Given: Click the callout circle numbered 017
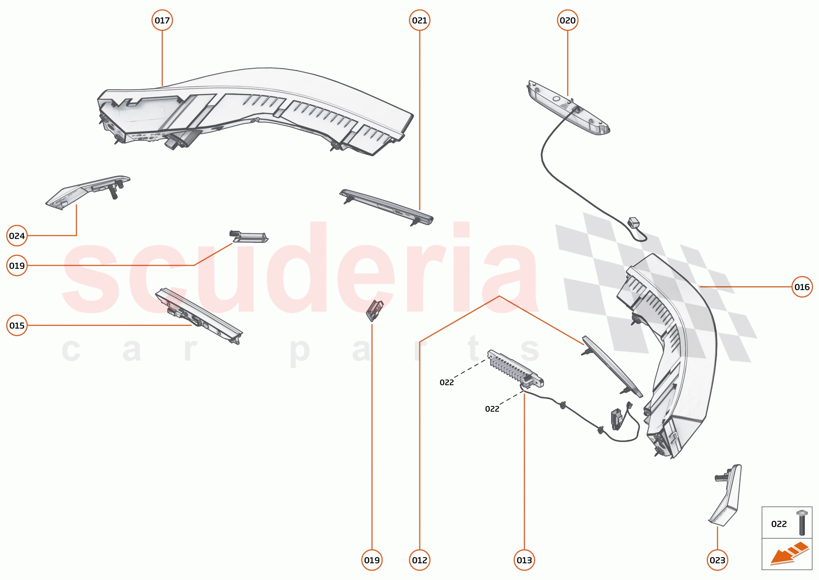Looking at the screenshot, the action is coord(162,20).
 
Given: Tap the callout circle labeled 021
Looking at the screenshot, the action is coord(419,20).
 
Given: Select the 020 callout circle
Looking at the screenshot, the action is coord(567,20).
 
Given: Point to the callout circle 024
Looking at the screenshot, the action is coord(17,236).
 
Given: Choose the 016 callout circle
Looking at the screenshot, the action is coord(802,287).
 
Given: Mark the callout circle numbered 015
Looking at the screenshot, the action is coord(17,325).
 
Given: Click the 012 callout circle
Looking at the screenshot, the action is coord(419,560).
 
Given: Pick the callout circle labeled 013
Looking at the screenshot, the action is coord(524,560).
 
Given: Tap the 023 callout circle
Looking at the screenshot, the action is coord(717,560).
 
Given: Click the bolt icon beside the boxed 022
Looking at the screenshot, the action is coord(802,523).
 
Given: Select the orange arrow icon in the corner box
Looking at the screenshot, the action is coord(790,553).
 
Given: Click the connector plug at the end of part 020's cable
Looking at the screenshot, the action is coord(634,223).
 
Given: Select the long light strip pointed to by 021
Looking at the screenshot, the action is coord(387,208).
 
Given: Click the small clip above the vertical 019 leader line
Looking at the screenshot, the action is coord(375,310).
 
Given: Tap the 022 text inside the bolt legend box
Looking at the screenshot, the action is coord(779,524).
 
